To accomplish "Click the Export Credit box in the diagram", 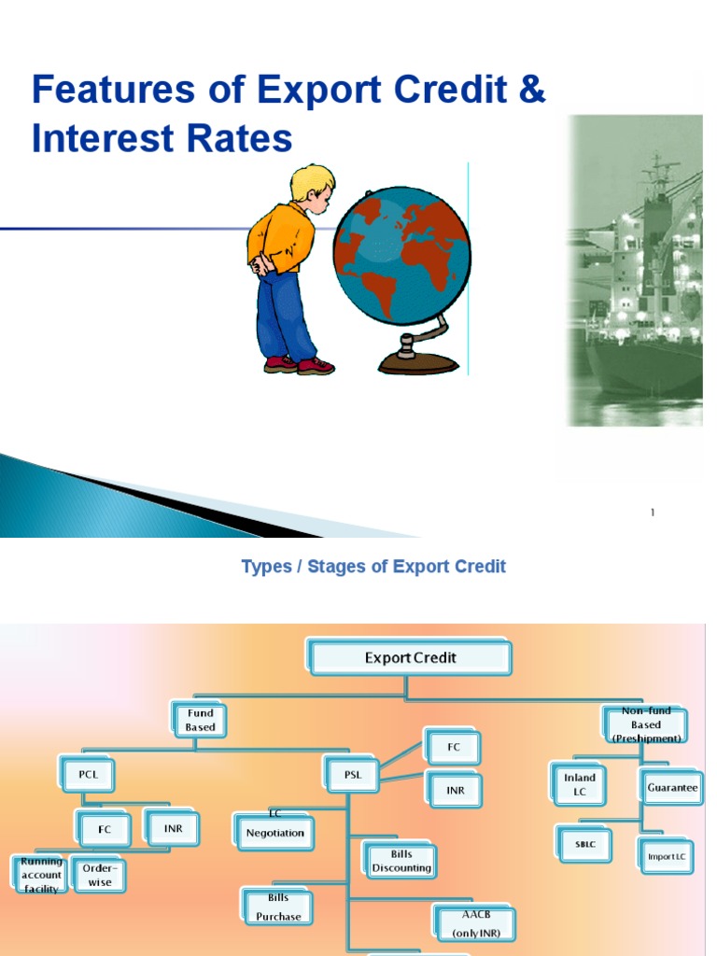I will (410, 658).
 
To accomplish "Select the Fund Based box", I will (200, 720).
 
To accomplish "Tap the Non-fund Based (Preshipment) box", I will (645, 724).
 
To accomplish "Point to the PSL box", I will (352, 774).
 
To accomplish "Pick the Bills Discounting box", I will (401, 861).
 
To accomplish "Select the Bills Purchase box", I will (278, 907).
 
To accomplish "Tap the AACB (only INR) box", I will (471, 923).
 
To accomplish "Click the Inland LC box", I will (579, 784).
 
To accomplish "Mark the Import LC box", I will (667, 857).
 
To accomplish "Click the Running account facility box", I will (41, 875).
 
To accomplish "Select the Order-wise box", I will (99, 875).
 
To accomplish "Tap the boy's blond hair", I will (312, 180).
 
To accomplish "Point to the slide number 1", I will (653, 513).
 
